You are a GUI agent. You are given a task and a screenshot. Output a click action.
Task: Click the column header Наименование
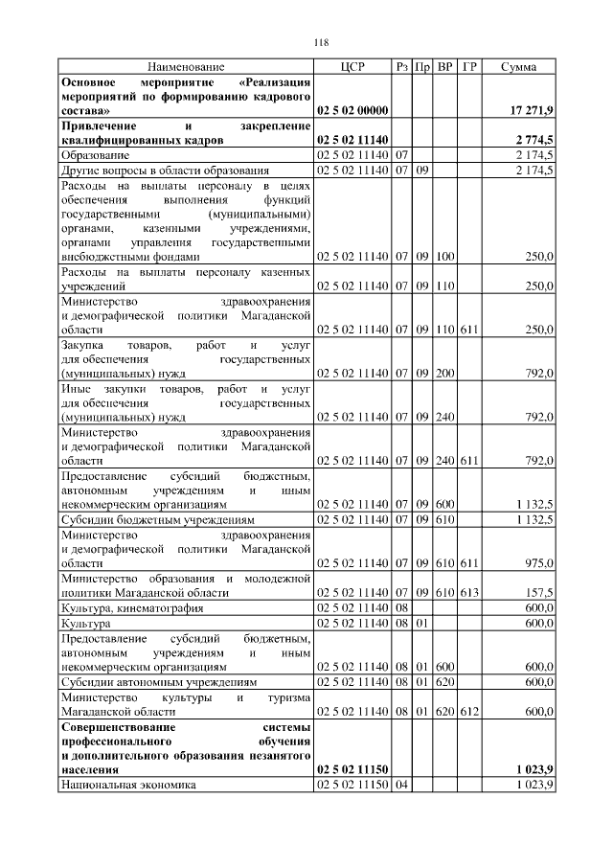pyautogui.click(x=186, y=67)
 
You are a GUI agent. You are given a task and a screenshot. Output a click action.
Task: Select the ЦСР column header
pyautogui.click(x=352, y=67)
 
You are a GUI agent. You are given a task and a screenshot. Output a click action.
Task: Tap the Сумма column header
pyautogui.click(x=518, y=67)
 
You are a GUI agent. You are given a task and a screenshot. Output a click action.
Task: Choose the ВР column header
pyautogui.click(x=445, y=67)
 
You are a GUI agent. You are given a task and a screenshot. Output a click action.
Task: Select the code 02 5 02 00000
pyautogui.click(x=352, y=111)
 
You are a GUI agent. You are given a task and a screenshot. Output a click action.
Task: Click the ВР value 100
pyautogui.click(x=445, y=257)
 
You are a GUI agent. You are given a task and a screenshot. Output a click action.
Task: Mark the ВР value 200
pyautogui.click(x=445, y=373)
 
